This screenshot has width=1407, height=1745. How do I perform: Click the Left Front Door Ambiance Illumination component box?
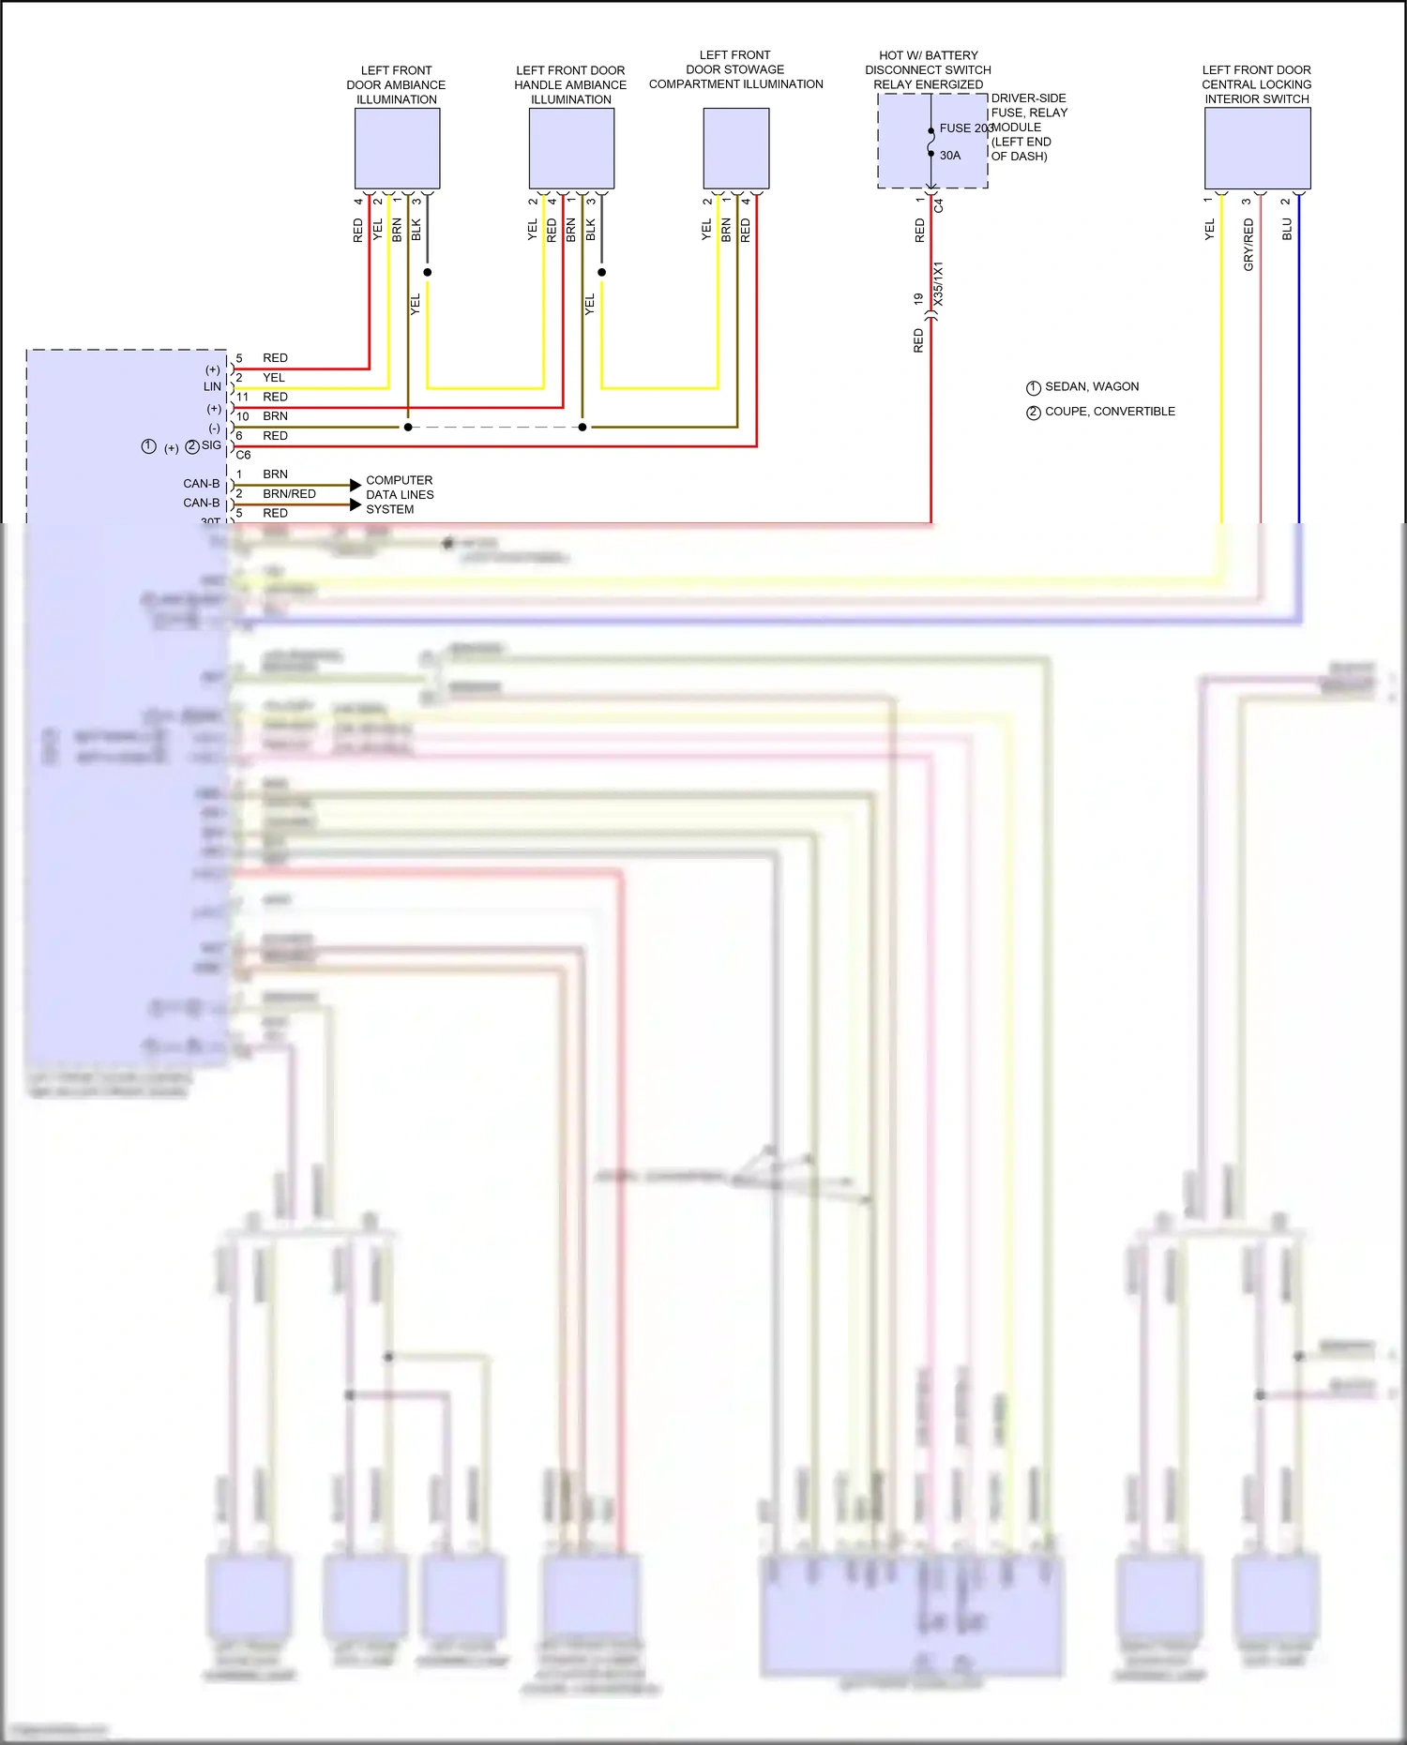tap(397, 148)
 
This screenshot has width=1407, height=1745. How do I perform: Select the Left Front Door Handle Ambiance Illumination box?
tap(571, 148)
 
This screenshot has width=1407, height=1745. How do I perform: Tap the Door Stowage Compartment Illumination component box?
tap(736, 148)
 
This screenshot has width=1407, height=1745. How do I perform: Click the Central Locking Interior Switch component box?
tap(1257, 148)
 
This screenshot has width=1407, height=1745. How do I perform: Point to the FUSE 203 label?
tap(965, 128)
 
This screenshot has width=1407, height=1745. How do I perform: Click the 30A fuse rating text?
tap(950, 156)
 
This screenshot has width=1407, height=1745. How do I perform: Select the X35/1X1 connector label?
tap(939, 283)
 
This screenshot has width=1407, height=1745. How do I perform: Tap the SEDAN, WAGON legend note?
tap(1092, 386)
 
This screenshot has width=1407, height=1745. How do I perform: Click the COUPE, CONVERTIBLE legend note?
tap(1110, 412)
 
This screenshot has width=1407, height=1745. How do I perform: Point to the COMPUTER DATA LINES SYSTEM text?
tap(400, 494)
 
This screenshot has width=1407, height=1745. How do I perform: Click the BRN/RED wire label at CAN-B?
tap(289, 493)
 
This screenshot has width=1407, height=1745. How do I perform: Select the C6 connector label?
tap(243, 455)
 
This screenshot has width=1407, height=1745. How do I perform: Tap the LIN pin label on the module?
tap(213, 386)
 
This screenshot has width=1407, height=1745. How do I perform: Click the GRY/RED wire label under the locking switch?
tap(1248, 245)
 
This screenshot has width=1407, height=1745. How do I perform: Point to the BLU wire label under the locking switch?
tap(1287, 230)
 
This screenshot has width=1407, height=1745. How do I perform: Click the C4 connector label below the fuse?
tap(939, 203)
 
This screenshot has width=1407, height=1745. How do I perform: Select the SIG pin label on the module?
tap(211, 445)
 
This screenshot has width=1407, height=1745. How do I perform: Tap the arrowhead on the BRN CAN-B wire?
tap(355, 485)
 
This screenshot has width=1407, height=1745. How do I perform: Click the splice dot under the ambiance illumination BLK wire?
tap(428, 272)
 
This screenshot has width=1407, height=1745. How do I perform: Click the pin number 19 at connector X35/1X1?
tap(918, 298)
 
